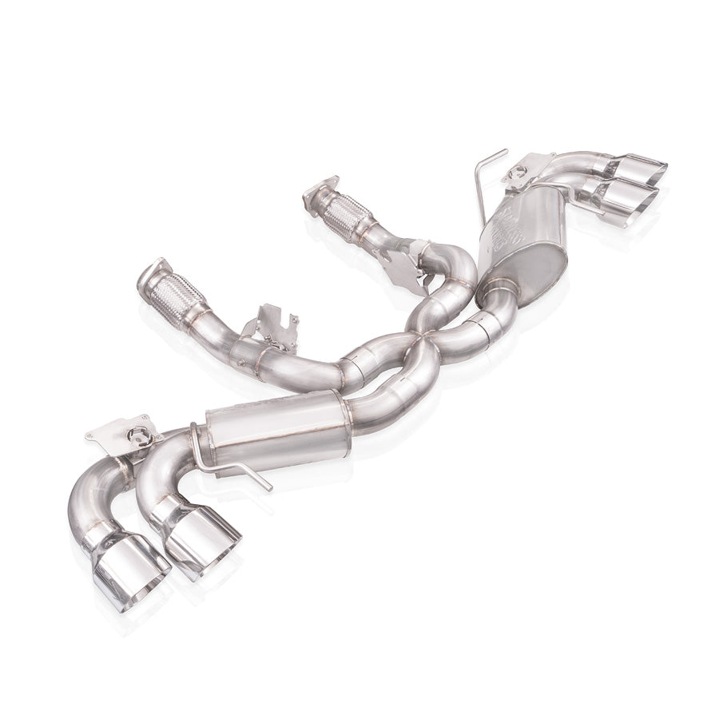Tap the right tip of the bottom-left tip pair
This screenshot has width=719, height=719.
click(201, 541)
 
